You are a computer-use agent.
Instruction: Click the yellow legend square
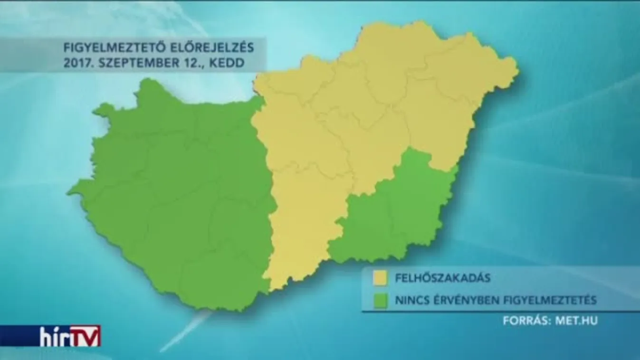click(380, 278)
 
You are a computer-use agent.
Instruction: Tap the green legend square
click(380, 301)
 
